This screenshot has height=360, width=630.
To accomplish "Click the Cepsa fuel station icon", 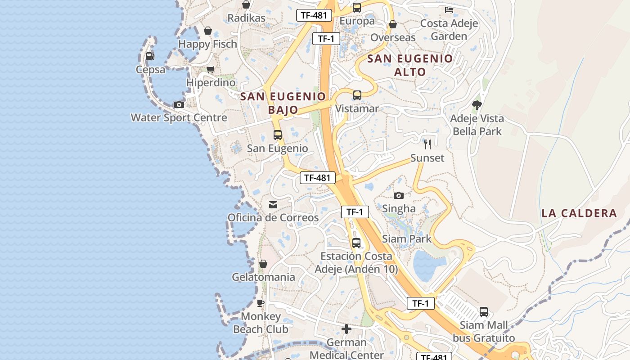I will (x=150, y=56).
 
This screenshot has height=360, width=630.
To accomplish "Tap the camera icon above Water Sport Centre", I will (x=179, y=104).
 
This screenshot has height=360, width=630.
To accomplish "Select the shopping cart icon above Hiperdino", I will (x=210, y=69).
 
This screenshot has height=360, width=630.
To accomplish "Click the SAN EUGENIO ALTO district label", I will (x=410, y=65).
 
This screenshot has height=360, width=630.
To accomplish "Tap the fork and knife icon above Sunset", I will (x=427, y=144).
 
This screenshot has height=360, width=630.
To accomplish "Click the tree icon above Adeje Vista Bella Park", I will (x=477, y=105).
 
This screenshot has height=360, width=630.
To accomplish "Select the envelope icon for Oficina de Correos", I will (x=273, y=205).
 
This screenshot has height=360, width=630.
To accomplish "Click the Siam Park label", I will (x=407, y=239).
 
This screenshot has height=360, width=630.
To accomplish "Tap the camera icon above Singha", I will (x=399, y=195).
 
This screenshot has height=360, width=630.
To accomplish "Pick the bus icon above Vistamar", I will (x=357, y=95).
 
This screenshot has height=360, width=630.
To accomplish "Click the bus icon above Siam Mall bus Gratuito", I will (x=484, y=311).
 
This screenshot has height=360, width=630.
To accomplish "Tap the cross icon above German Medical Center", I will (x=346, y=329).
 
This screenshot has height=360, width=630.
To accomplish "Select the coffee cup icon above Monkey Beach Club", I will (x=261, y=303).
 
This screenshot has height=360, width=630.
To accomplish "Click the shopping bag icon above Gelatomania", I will (x=263, y=264).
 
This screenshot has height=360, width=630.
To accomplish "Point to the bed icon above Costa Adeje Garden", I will (x=449, y=9).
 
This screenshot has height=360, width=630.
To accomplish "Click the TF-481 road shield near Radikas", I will (x=314, y=15).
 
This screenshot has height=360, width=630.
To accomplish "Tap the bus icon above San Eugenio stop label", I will (x=278, y=135).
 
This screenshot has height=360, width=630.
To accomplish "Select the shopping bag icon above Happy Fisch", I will (x=207, y=31).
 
